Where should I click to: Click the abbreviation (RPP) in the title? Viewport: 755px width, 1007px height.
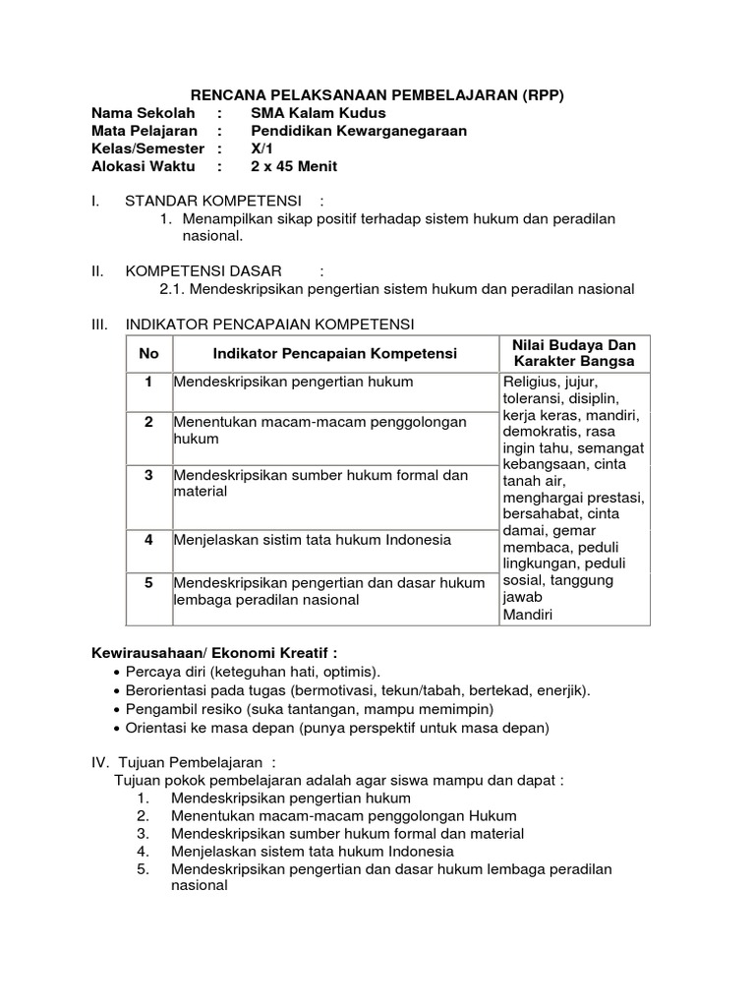click(538, 94)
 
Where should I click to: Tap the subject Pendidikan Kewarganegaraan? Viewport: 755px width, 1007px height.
click(359, 131)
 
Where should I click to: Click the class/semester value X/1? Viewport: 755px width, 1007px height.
click(261, 148)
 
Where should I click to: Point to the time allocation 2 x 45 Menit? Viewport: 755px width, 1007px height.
click(294, 166)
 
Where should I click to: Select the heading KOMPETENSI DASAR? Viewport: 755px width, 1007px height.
click(203, 270)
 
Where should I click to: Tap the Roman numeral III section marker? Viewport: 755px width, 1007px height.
click(97, 324)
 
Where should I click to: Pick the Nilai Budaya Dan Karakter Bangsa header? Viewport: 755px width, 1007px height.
click(575, 353)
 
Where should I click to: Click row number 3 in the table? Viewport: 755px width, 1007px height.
click(148, 475)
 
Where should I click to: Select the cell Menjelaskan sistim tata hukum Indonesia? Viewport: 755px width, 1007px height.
click(313, 540)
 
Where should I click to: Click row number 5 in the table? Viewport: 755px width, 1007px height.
click(148, 583)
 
